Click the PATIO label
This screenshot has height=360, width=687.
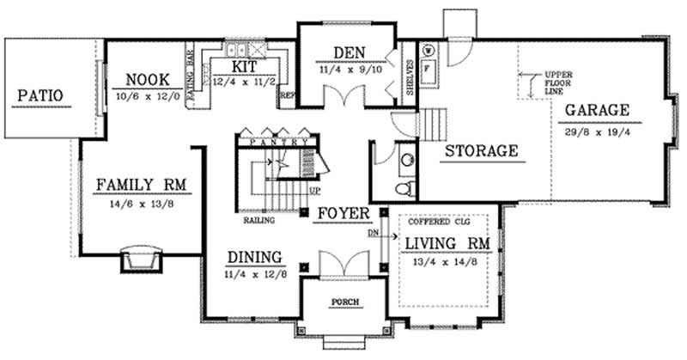[x=40, y=95]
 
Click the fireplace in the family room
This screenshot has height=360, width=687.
[x=140, y=259]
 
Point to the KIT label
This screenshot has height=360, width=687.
[x=245, y=66]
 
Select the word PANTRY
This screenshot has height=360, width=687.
[x=275, y=140]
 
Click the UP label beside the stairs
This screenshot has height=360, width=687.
[x=314, y=191]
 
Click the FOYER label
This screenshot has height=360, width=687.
[x=342, y=212]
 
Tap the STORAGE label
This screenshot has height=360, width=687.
[x=481, y=150]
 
